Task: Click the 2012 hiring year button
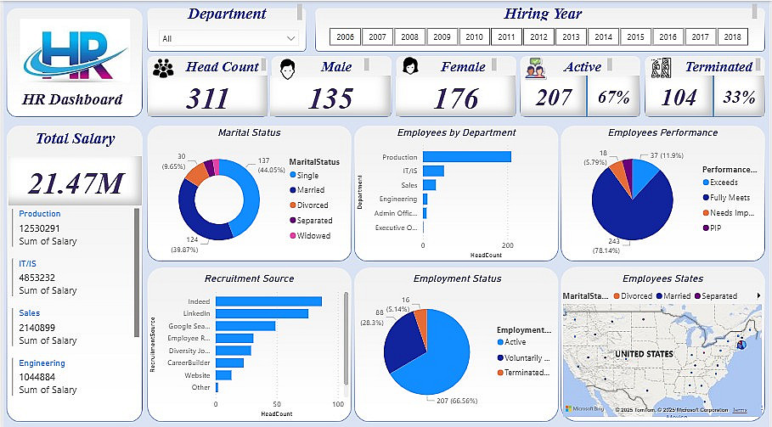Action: coord(538,37)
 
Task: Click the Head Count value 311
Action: coord(208,98)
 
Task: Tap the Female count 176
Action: coord(456,98)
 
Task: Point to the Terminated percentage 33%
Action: coord(739,98)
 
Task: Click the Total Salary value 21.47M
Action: coord(75,183)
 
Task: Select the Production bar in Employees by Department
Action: coord(466,156)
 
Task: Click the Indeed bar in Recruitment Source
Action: coord(268,301)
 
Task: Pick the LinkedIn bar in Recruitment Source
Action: coord(262,313)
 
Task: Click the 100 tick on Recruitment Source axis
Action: coord(337,404)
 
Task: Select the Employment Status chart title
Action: coord(457,278)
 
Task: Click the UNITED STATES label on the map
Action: coord(643,354)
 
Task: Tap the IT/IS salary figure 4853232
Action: coord(37,278)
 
